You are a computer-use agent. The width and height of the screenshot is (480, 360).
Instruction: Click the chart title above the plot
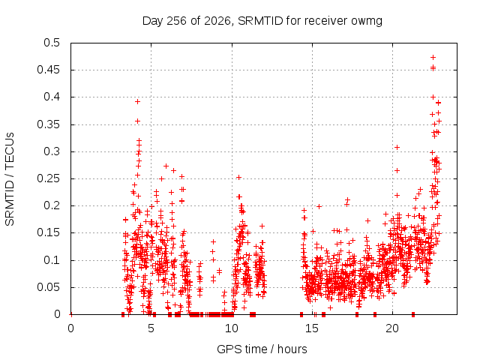pyautogui.click(x=262, y=21)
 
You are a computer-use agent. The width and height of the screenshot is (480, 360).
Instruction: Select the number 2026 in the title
pyautogui.click(x=217, y=21)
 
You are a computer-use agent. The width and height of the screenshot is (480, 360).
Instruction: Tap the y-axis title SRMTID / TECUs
pyautogui.click(x=10, y=179)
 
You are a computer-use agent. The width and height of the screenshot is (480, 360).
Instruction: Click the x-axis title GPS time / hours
pyautogui.click(x=262, y=349)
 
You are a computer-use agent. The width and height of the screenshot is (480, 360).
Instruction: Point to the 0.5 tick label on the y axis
pyautogui.click(x=52, y=43)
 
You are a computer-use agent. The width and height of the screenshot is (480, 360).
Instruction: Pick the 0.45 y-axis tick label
pyautogui.click(x=49, y=70)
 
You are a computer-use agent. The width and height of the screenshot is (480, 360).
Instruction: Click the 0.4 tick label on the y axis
pyautogui.click(x=52, y=97)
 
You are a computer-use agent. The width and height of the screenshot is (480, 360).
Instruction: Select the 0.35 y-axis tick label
pyautogui.click(x=49, y=124)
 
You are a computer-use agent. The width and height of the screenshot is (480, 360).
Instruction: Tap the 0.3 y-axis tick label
pyautogui.click(x=52, y=151)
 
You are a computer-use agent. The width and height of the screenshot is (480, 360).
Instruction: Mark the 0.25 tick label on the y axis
pyautogui.click(x=49, y=178)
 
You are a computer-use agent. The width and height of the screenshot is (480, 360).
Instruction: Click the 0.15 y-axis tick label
pyautogui.click(x=49, y=232)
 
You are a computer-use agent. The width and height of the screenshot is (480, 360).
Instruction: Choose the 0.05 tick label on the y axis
pyautogui.click(x=49, y=287)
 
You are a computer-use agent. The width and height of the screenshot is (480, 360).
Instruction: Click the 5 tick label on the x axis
pyautogui.click(x=151, y=328)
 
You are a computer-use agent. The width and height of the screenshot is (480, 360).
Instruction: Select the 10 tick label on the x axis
pyautogui.click(x=232, y=328)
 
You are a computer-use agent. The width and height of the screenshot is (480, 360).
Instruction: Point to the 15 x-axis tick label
pyautogui.click(x=312, y=328)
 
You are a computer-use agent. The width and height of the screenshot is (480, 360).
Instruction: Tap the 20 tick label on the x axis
pyautogui.click(x=392, y=328)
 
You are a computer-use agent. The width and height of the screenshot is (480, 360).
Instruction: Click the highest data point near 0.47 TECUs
pyautogui.click(x=433, y=57)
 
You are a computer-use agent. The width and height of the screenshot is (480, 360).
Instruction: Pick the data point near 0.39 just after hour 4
pyautogui.click(x=137, y=102)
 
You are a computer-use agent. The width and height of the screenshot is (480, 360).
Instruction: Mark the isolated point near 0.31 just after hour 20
pyautogui.click(x=397, y=148)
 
